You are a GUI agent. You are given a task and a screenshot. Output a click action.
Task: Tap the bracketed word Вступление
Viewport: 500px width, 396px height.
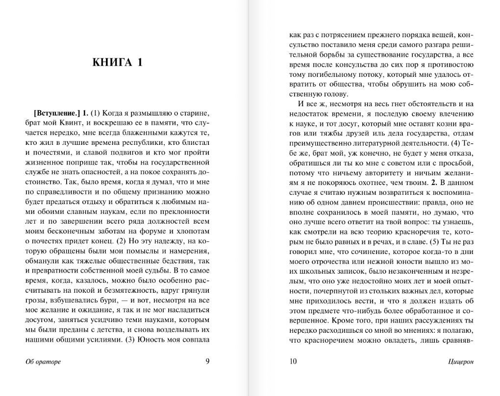[x=56, y=112]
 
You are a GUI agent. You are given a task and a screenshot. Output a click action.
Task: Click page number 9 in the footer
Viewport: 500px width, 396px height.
[x=208, y=362]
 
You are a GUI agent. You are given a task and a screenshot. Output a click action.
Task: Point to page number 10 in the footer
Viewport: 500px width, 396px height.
[x=293, y=362]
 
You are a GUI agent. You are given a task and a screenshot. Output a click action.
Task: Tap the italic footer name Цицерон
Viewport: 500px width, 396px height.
[x=461, y=362]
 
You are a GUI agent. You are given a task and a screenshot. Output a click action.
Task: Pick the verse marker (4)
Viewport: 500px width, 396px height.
[x=458, y=143]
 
